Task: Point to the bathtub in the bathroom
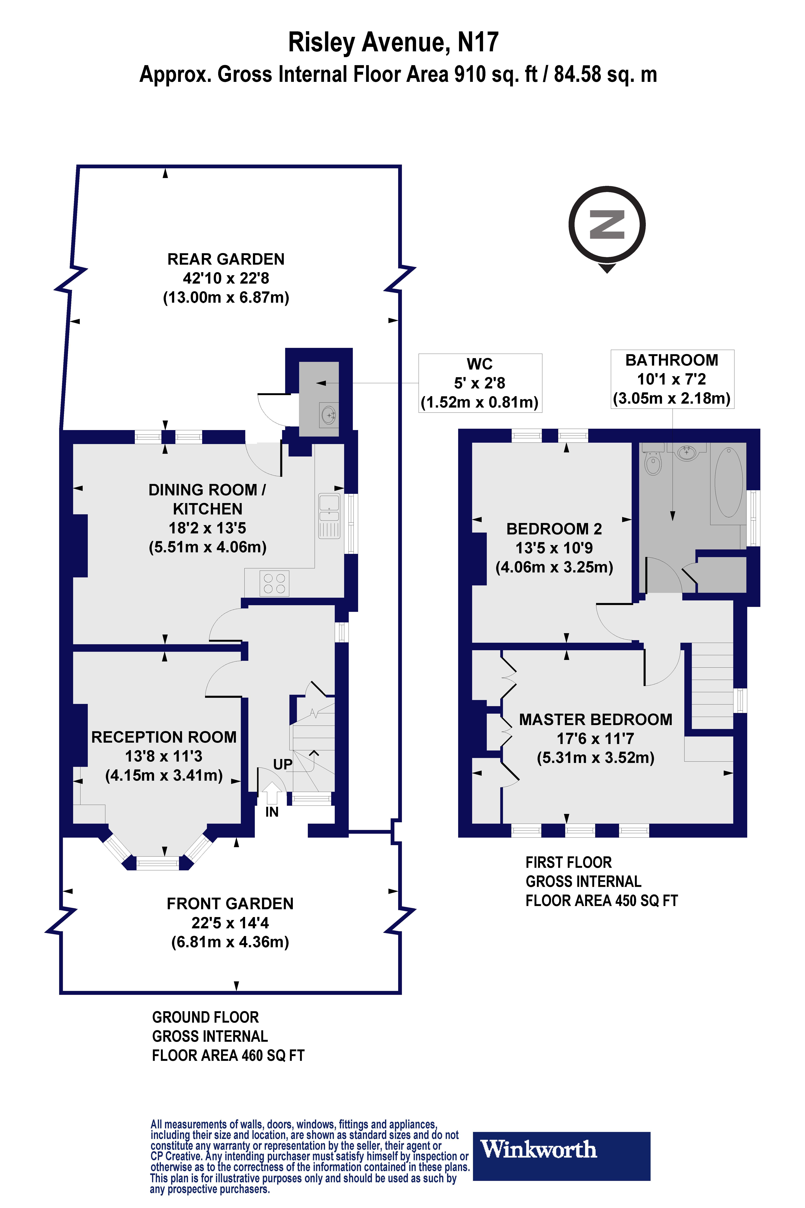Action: click(728, 482)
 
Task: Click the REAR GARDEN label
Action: click(226, 259)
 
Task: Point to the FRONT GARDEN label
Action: click(230, 904)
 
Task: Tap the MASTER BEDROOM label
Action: click(596, 720)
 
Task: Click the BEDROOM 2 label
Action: click(554, 529)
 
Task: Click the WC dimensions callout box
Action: click(480, 383)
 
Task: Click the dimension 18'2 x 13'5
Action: click(207, 528)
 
